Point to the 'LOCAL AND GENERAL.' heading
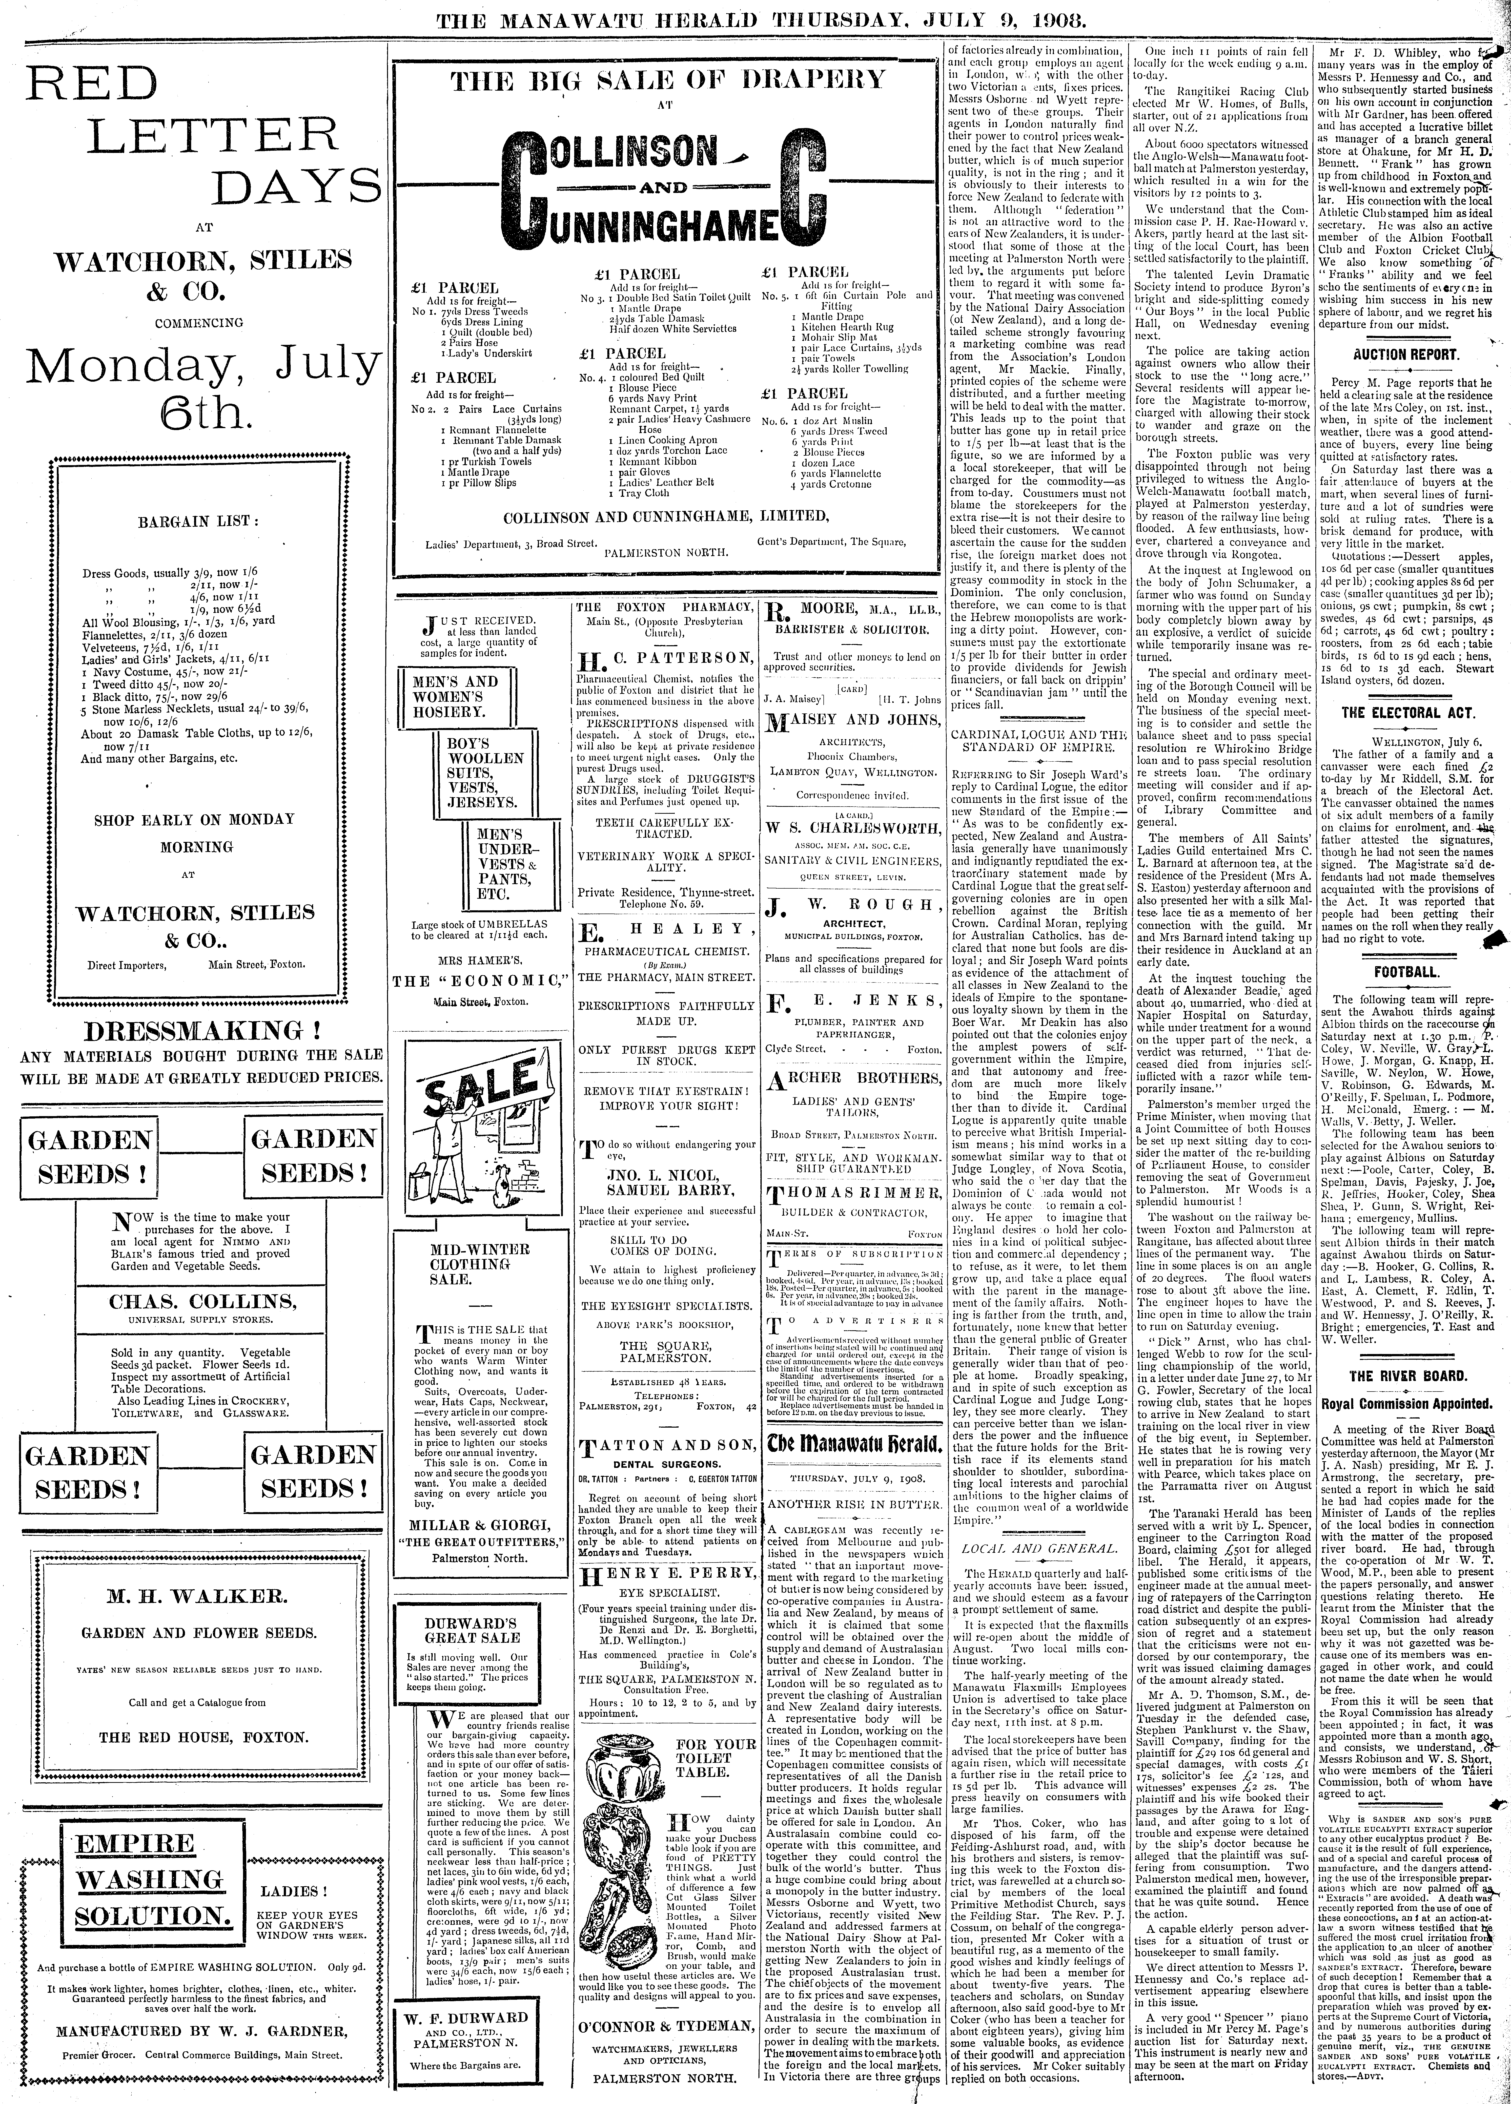coord(1039,1548)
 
